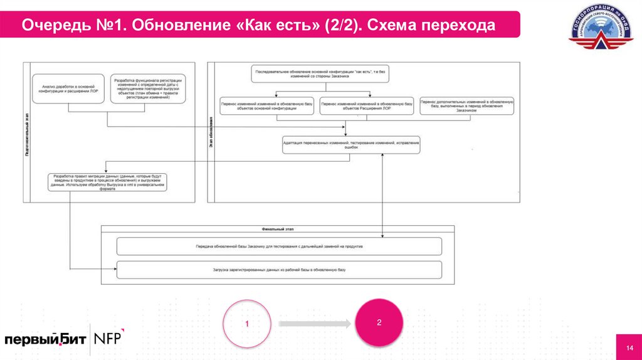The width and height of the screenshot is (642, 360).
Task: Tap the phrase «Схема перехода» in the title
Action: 432,26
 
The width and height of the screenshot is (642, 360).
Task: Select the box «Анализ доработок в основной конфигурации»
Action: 68,88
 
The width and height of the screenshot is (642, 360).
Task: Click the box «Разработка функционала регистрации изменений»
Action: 149,88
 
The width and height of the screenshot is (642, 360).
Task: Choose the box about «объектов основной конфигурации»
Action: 267,106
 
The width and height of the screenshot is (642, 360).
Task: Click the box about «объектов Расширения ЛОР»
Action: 367,106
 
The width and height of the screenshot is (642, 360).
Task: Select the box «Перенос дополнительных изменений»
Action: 466,106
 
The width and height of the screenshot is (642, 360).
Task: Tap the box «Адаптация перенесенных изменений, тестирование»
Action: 350,146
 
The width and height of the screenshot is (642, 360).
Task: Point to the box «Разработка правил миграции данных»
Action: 110,182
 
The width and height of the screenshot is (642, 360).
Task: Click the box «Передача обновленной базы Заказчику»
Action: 280,246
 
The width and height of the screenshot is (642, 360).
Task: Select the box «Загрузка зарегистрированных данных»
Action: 280,270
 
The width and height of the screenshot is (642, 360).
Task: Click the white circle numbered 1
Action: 247,324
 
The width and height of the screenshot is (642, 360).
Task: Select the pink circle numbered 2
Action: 379,322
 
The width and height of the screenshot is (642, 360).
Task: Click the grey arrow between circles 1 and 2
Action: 313,324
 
